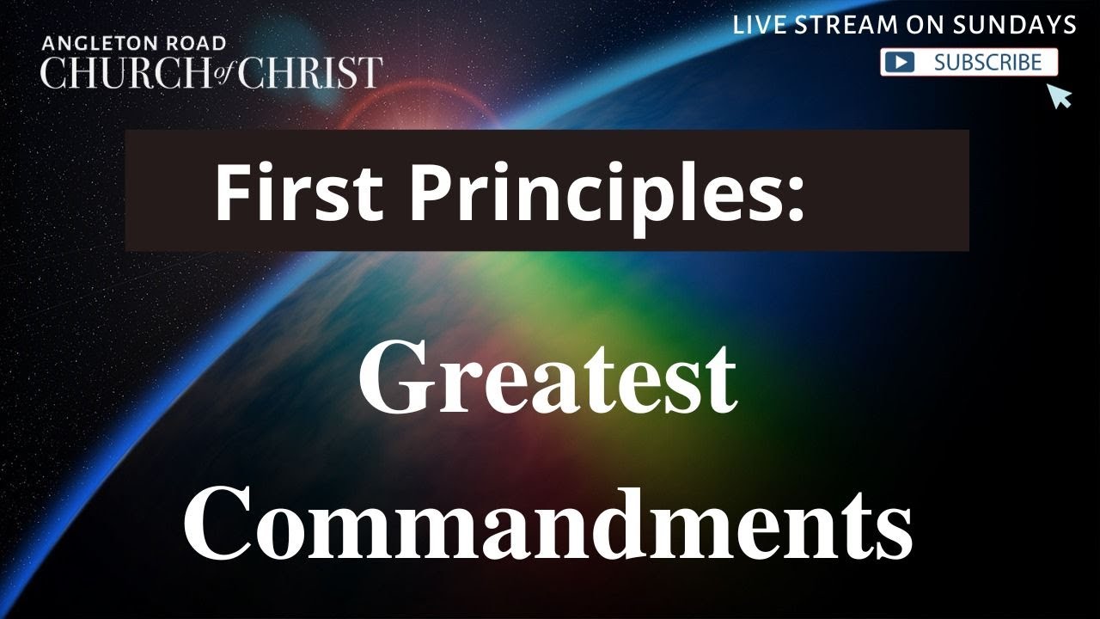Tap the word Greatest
(x=547, y=378)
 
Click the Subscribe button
(x=969, y=62)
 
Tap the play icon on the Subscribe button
(x=901, y=63)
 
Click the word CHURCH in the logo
(x=120, y=72)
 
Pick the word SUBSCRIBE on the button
(x=987, y=62)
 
